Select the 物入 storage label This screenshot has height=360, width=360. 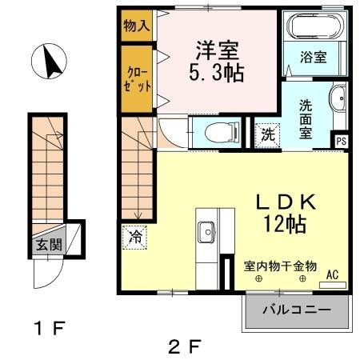click(136, 26)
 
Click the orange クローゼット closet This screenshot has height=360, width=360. click(136, 78)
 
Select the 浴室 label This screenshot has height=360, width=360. click(314, 58)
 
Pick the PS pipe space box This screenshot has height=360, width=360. click(342, 142)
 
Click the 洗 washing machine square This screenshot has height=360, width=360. click(266, 134)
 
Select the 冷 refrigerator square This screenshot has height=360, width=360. click(135, 237)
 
